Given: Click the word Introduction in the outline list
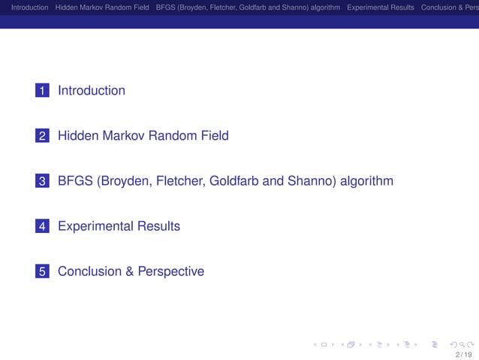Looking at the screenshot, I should tap(92, 91).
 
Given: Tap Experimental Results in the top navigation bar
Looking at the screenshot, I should tap(380, 8).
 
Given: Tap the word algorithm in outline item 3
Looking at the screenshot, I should tap(368, 181).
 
